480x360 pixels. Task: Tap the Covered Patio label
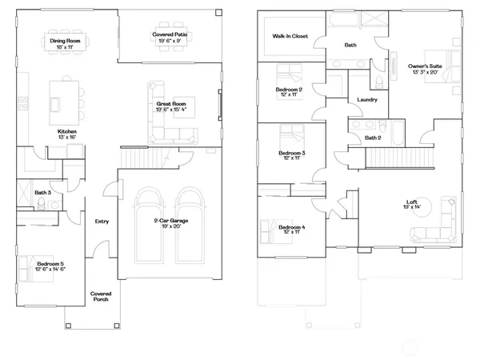pos(170,34)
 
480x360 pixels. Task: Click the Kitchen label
pos(66,133)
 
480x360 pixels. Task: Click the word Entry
pos(102,222)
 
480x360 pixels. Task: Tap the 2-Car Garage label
pos(170,223)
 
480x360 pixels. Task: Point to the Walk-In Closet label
pos(290,36)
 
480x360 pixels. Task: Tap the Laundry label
pos(367,100)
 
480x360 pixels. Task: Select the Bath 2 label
pos(373,138)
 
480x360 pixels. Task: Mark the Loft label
pos(412,204)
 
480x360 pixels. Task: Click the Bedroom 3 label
pos(291,154)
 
